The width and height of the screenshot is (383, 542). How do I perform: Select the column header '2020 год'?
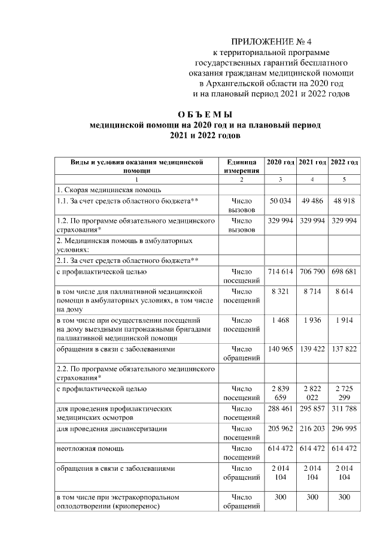tap(280, 162)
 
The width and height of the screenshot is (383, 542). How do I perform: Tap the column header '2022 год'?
tap(345, 162)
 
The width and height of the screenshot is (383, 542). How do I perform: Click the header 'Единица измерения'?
tap(241, 166)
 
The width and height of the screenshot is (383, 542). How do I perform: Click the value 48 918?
tap(345, 201)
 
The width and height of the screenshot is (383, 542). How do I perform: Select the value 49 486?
tap(312, 201)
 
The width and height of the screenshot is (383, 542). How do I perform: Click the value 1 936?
tap(312, 320)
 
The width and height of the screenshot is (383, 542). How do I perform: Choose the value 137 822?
tap(345, 347)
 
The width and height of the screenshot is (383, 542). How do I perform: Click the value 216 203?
tap(312, 429)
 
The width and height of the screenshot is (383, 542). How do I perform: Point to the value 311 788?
tap(345, 409)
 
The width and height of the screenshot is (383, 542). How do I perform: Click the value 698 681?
tap(345, 272)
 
